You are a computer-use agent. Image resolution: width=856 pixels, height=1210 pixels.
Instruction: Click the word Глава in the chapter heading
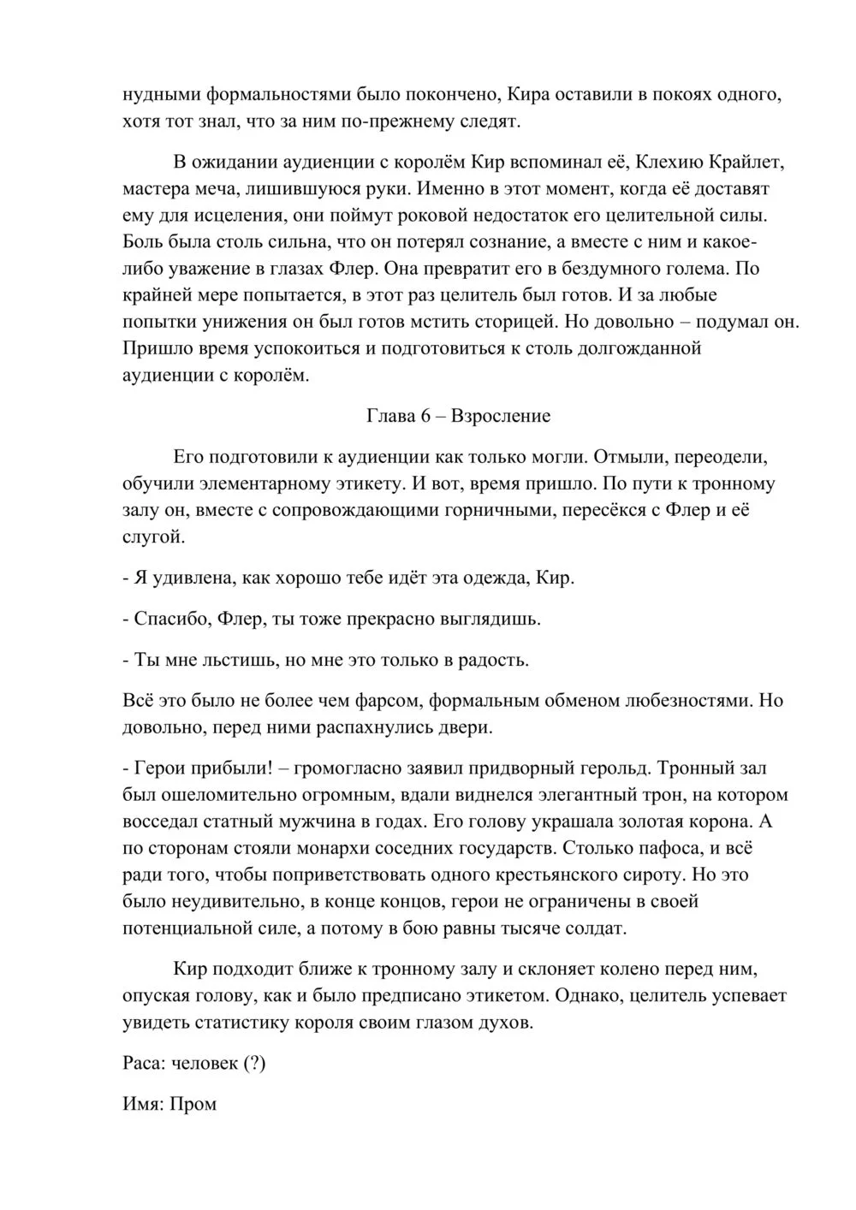390,417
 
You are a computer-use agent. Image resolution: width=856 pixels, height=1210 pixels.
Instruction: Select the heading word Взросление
501,417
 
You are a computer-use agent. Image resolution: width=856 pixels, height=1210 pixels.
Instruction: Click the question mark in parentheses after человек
254,1064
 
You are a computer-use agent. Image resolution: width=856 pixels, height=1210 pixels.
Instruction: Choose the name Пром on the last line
193,1104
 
